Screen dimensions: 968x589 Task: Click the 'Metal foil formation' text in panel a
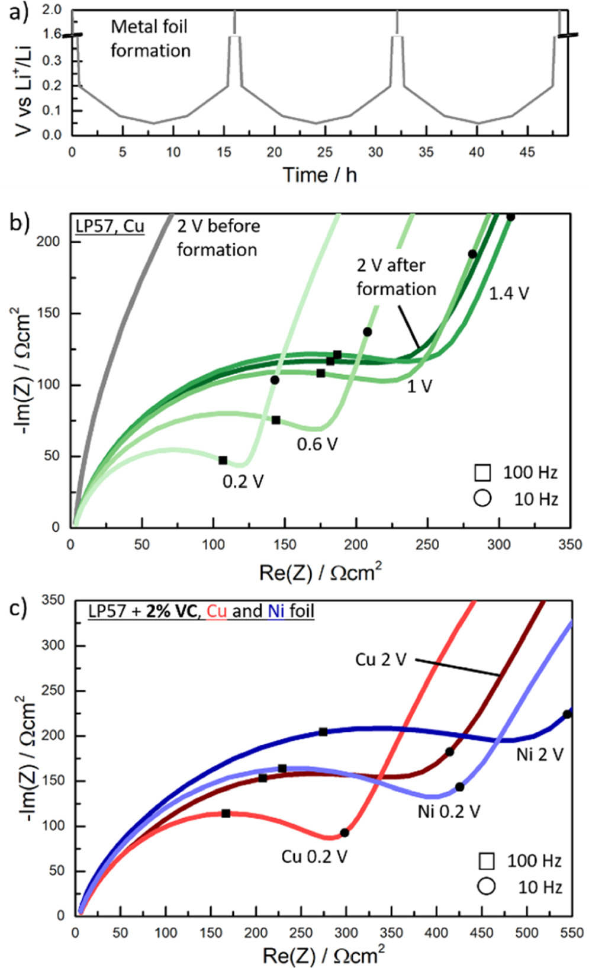[150, 38]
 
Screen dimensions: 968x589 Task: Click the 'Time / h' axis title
[320, 175]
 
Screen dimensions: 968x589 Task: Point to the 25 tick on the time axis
[324, 152]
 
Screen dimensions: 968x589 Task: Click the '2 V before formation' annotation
[218, 237]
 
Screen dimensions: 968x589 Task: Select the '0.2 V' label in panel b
[243, 481]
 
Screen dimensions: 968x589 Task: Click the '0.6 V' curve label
[317, 443]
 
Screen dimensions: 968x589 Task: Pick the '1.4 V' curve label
[508, 293]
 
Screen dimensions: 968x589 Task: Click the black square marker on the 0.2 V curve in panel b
[223, 460]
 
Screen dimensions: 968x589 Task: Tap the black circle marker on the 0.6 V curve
[367, 332]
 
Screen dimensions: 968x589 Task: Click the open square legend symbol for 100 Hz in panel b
[482, 472]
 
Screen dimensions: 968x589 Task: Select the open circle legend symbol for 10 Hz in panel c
[486, 886]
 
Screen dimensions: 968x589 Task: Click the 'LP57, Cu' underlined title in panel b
[110, 227]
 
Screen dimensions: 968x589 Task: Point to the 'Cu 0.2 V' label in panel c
[314, 857]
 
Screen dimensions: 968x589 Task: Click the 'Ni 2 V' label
[539, 754]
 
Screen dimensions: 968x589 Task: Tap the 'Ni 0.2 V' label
[449, 811]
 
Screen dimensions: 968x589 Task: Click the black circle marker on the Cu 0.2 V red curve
[345, 832]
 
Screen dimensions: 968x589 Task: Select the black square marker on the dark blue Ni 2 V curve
[323, 732]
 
